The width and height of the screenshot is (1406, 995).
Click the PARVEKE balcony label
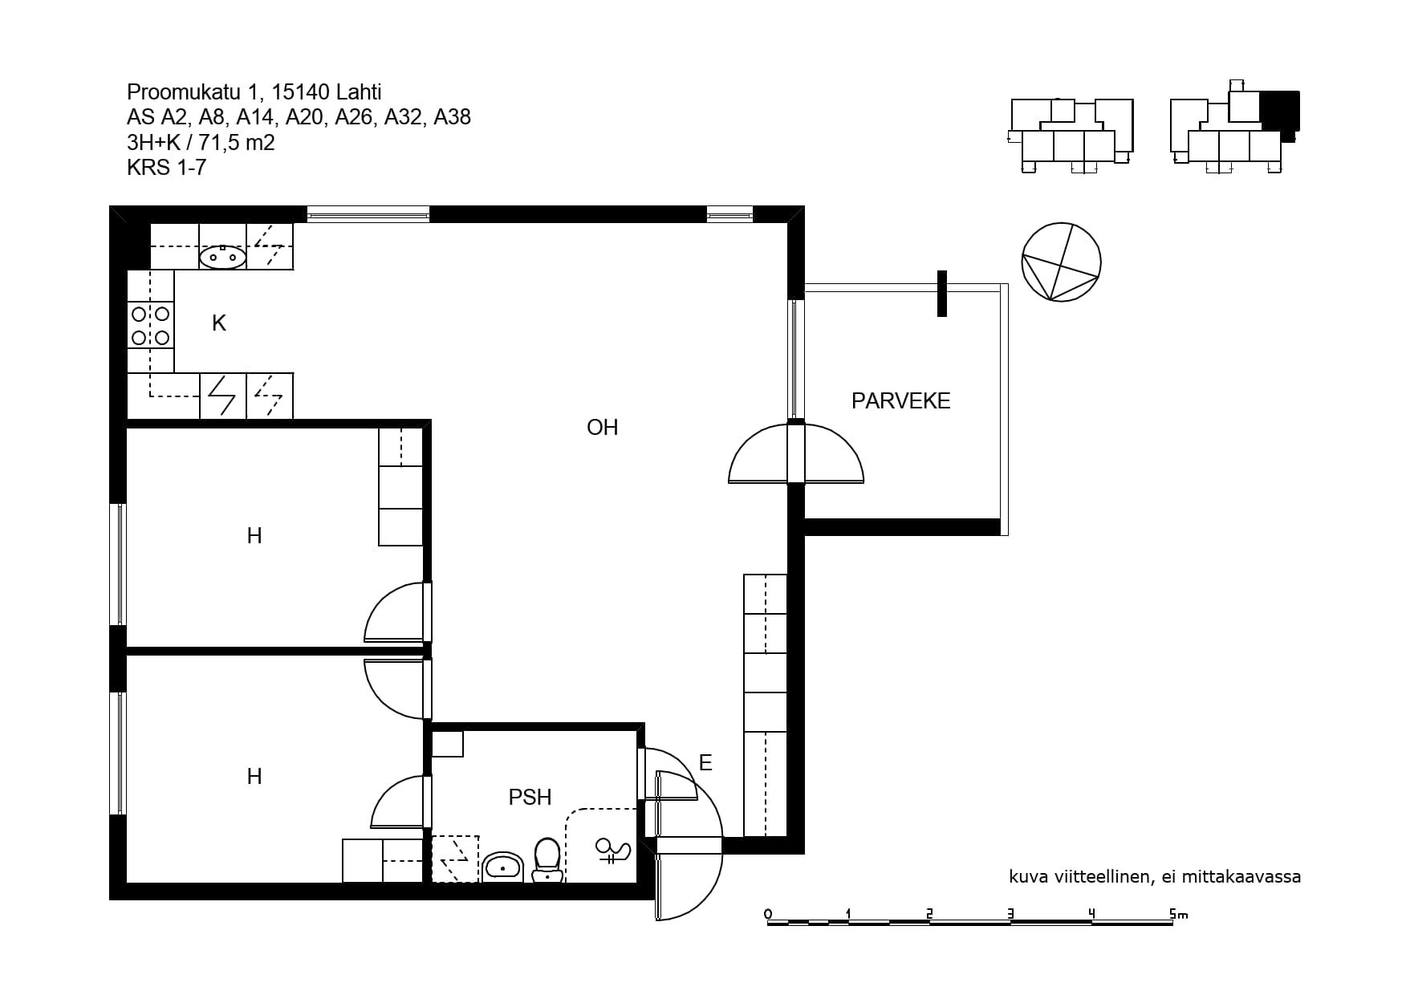900,400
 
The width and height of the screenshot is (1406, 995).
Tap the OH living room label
602,427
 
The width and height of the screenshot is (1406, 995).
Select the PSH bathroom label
530,797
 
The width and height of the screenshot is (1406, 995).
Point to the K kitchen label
219,323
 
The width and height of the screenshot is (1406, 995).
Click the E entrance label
705,762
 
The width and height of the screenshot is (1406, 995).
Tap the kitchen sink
222,257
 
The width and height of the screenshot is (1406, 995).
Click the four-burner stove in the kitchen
151,325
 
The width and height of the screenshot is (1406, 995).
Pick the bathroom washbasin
502,867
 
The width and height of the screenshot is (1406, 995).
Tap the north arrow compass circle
1061,262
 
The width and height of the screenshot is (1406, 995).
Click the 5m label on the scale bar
1178,913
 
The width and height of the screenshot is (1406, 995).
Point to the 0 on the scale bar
768,914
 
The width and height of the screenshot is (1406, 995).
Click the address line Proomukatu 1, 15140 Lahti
254,92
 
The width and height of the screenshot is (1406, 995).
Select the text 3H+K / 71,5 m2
201,143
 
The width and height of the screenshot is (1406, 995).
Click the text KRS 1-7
166,168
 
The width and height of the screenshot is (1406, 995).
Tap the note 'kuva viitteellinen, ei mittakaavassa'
1155,877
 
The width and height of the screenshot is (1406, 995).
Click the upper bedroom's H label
254,536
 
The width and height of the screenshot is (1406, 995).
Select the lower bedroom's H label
254,777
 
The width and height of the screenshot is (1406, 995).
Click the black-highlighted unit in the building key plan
1279,112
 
